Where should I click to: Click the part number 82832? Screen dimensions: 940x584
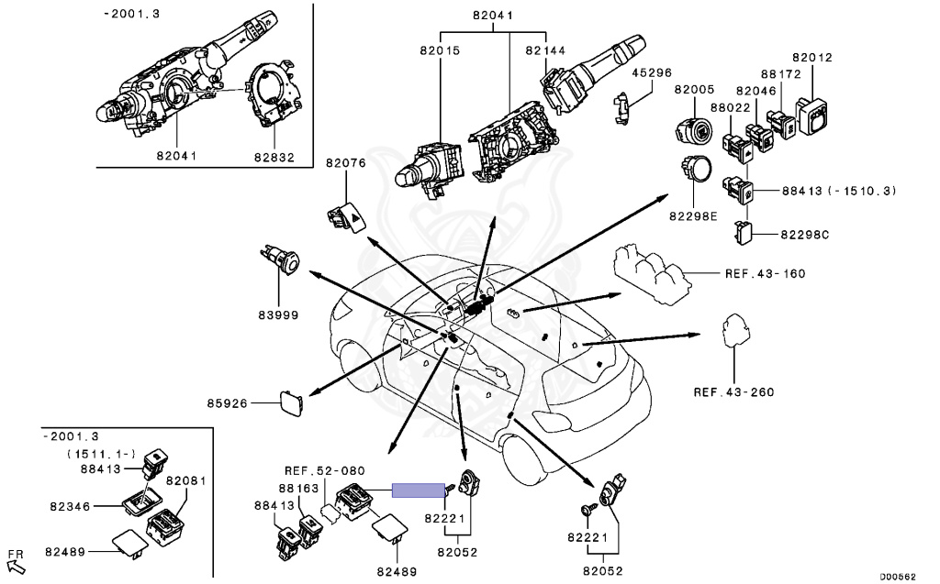(x=274, y=157)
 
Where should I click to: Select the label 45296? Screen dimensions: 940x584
(x=653, y=73)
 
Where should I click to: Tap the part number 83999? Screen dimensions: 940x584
(x=278, y=314)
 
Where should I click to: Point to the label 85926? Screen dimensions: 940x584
(x=228, y=403)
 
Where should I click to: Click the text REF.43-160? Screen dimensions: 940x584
(x=765, y=274)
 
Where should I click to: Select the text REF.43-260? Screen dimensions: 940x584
(x=733, y=392)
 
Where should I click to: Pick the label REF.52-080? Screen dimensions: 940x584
(x=324, y=471)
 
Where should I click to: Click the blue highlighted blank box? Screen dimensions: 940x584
(x=419, y=490)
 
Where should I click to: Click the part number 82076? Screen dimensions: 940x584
(x=346, y=163)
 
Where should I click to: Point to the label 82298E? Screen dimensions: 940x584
(x=693, y=216)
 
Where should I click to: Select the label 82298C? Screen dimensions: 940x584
(x=804, y=235)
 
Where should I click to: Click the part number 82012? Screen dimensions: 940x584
(x=812, y=58)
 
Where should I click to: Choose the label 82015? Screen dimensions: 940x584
(x=440, y=51)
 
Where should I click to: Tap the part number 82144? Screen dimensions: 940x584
(x=545, y=51)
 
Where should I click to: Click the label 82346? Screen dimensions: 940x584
(x=70, y=507)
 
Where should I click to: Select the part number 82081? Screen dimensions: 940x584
(x=185, y=481)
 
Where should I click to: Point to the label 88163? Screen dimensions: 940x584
(x=298, y=489)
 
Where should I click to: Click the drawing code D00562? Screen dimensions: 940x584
(x=898, y=577)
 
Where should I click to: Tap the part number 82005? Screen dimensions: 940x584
(x=694, y=89)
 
